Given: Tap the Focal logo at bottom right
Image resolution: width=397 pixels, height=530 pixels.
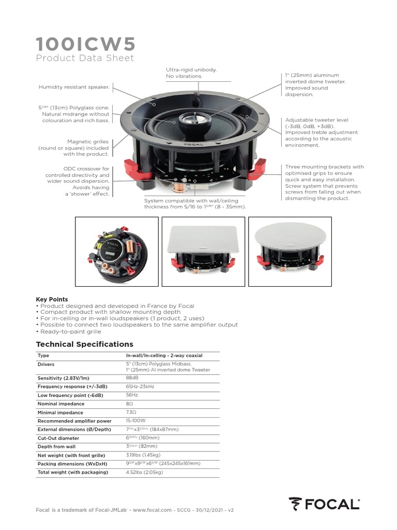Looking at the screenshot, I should pos(324,503).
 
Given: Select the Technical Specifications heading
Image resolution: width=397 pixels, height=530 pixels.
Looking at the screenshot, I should pos(84,344).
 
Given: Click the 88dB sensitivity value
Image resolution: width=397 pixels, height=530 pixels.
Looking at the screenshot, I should pos(132,378).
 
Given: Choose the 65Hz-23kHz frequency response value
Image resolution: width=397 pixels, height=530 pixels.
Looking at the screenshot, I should pos(140,387).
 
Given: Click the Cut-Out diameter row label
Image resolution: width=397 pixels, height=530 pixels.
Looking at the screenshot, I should pos(58,438).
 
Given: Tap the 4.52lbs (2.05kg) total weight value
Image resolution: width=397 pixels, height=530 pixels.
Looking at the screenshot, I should pos(144,472).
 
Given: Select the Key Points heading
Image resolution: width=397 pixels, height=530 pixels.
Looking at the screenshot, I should pos(52,299).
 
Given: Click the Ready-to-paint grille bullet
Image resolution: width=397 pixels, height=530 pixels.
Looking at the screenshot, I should pos(70,331).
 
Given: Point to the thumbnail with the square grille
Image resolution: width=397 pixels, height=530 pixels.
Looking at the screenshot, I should pos(203,251).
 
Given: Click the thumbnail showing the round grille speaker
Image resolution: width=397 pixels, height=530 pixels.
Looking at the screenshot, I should pos(290,251).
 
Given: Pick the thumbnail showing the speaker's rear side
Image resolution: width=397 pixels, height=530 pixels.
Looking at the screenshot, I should pos(117,251).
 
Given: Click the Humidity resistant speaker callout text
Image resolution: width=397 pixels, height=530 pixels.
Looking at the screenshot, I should pos(74,87).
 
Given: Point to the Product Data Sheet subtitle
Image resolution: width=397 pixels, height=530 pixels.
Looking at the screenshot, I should pos(85,58).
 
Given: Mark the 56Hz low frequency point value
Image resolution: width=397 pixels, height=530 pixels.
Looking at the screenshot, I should pos(132,395).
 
